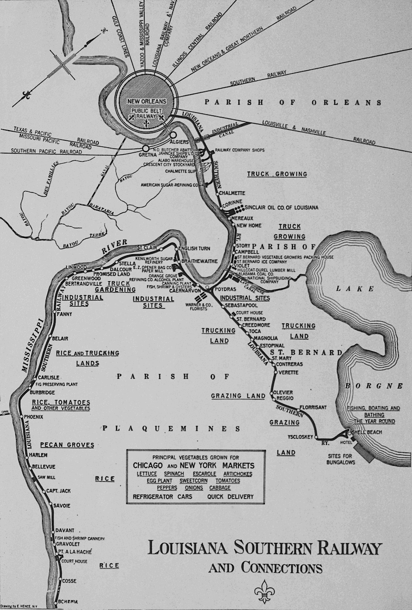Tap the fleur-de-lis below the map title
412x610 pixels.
pos(264,591)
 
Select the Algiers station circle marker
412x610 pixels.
pos(174,135)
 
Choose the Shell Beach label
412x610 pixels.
pos(366,432)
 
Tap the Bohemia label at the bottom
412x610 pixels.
pos(67,602)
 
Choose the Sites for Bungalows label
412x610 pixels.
pos(341,459)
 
